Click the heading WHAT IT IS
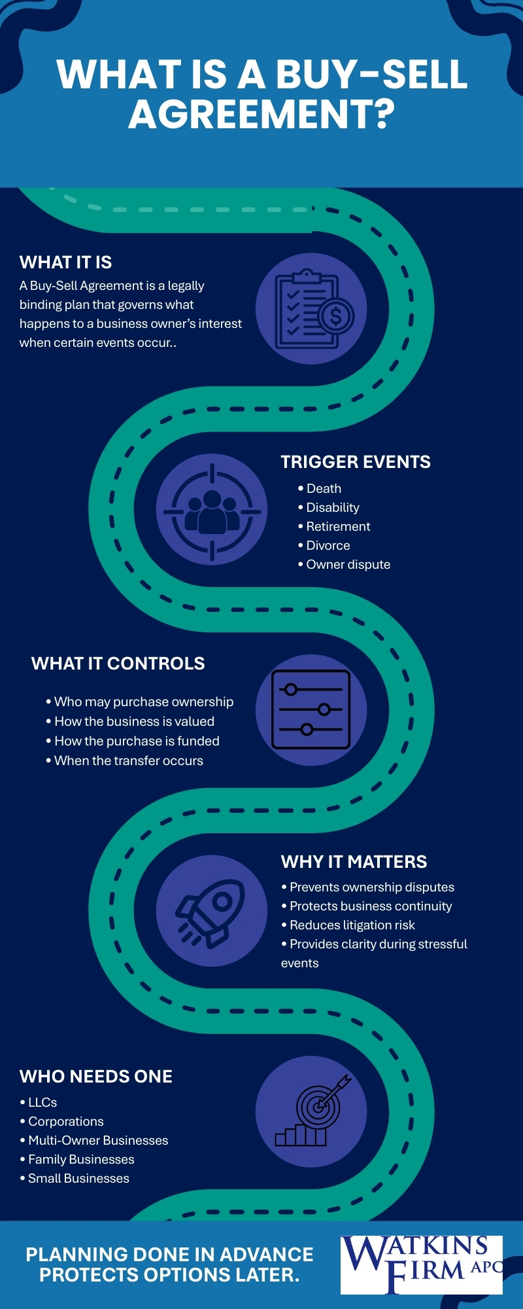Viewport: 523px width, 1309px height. [65, 262]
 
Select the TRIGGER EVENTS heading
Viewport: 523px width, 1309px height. [356, 462]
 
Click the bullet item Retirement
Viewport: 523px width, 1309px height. [334, 526]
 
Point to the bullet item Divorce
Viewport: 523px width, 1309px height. [324, 545]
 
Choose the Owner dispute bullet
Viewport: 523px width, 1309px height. [344, 564]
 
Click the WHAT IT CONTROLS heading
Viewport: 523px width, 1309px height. [118, 664]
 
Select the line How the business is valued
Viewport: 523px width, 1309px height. [130, 721]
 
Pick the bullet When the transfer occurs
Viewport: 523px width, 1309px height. [124, 761]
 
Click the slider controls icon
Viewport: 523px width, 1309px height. [311, 709]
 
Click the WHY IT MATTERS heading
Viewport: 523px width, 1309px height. [354, 862]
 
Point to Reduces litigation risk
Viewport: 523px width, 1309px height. [348, 925]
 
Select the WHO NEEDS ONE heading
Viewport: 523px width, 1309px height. [96, 1077]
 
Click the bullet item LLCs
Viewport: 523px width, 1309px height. [39, 1102]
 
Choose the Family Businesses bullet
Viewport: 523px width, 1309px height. [77, 1159]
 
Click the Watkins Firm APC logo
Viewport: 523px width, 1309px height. [422, 1265]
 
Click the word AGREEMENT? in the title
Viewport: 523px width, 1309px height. [261, 114]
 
